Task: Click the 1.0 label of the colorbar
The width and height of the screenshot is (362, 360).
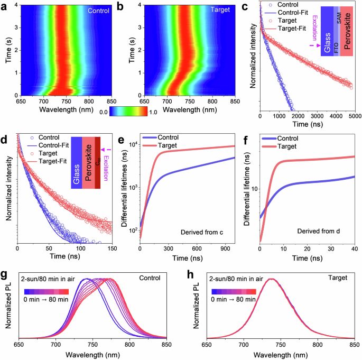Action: [157, 112]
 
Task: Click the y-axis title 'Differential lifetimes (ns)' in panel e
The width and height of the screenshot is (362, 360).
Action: [125, 188]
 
